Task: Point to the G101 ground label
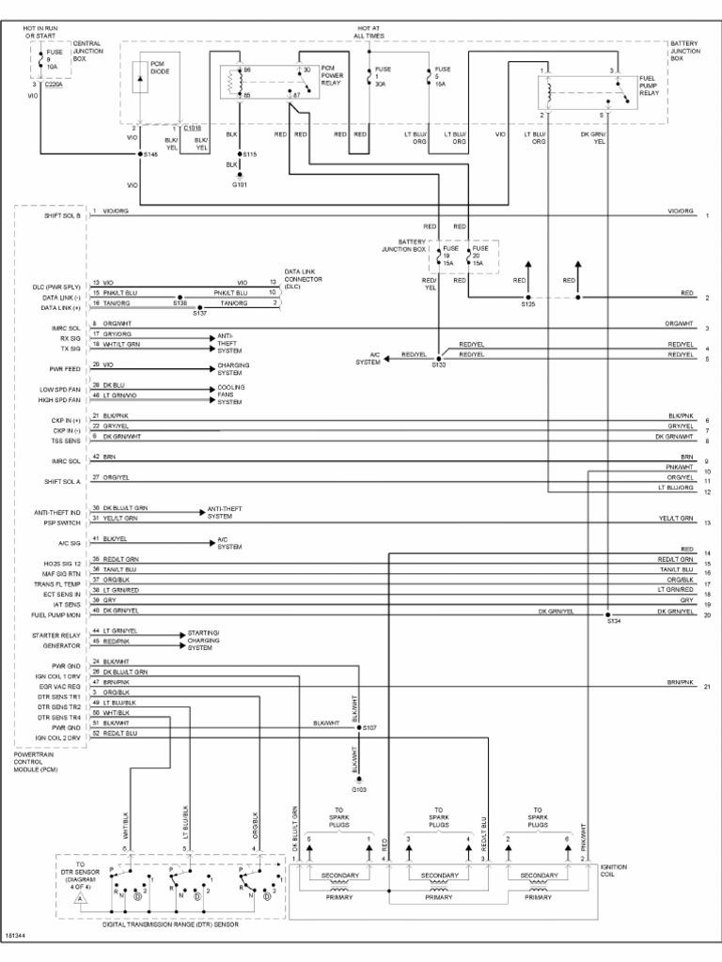241,185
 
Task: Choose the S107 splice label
369,727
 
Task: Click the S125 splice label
526,304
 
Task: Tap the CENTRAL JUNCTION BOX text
87,51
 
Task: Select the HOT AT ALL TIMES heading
369,32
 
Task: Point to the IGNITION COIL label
613,871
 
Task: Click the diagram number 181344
15,935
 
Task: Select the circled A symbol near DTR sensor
80,899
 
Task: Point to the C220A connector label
53,84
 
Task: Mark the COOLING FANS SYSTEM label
229,395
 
